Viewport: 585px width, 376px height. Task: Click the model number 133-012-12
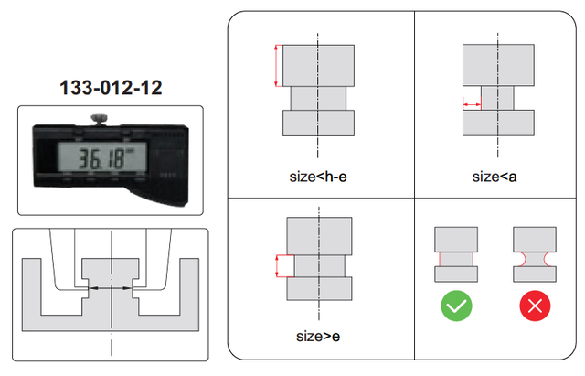click(x=111, y=88)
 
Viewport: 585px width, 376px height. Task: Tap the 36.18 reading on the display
click(x=101, y=158)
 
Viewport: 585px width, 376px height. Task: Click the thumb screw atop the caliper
click(x=99, y=119)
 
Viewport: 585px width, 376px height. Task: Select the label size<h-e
click(x=318, y=177)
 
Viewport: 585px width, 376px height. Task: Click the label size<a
click(x=495, y=177)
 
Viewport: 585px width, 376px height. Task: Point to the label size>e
click(x=318, y=337)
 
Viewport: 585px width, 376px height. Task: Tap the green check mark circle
click(x=456, y=306)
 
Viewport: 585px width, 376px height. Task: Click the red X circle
click(x=535, y=306)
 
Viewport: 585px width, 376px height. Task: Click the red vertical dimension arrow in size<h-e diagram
click(x=276, y=66)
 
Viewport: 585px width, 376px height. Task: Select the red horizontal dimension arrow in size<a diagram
click(x=472, y=104)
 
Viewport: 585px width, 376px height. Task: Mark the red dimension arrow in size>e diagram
click(x=277, y=266)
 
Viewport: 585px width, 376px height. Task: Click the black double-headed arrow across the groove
click(x=111, y=288)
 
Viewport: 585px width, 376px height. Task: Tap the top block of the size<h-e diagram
click(x=318, y=66)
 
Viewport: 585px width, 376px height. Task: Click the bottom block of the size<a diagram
click(x=498, y=123)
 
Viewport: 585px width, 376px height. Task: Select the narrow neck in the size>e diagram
click(x=320, y=266)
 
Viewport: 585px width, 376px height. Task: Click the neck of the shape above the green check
click(x=456, y=259)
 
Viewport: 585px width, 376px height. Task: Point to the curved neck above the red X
click(x=535, y=259)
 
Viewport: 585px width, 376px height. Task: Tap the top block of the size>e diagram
click(x=319, y=236)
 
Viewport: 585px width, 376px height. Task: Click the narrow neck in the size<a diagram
click(x=497, y=98)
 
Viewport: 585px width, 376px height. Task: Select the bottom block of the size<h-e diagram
click(x=318, y=123)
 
